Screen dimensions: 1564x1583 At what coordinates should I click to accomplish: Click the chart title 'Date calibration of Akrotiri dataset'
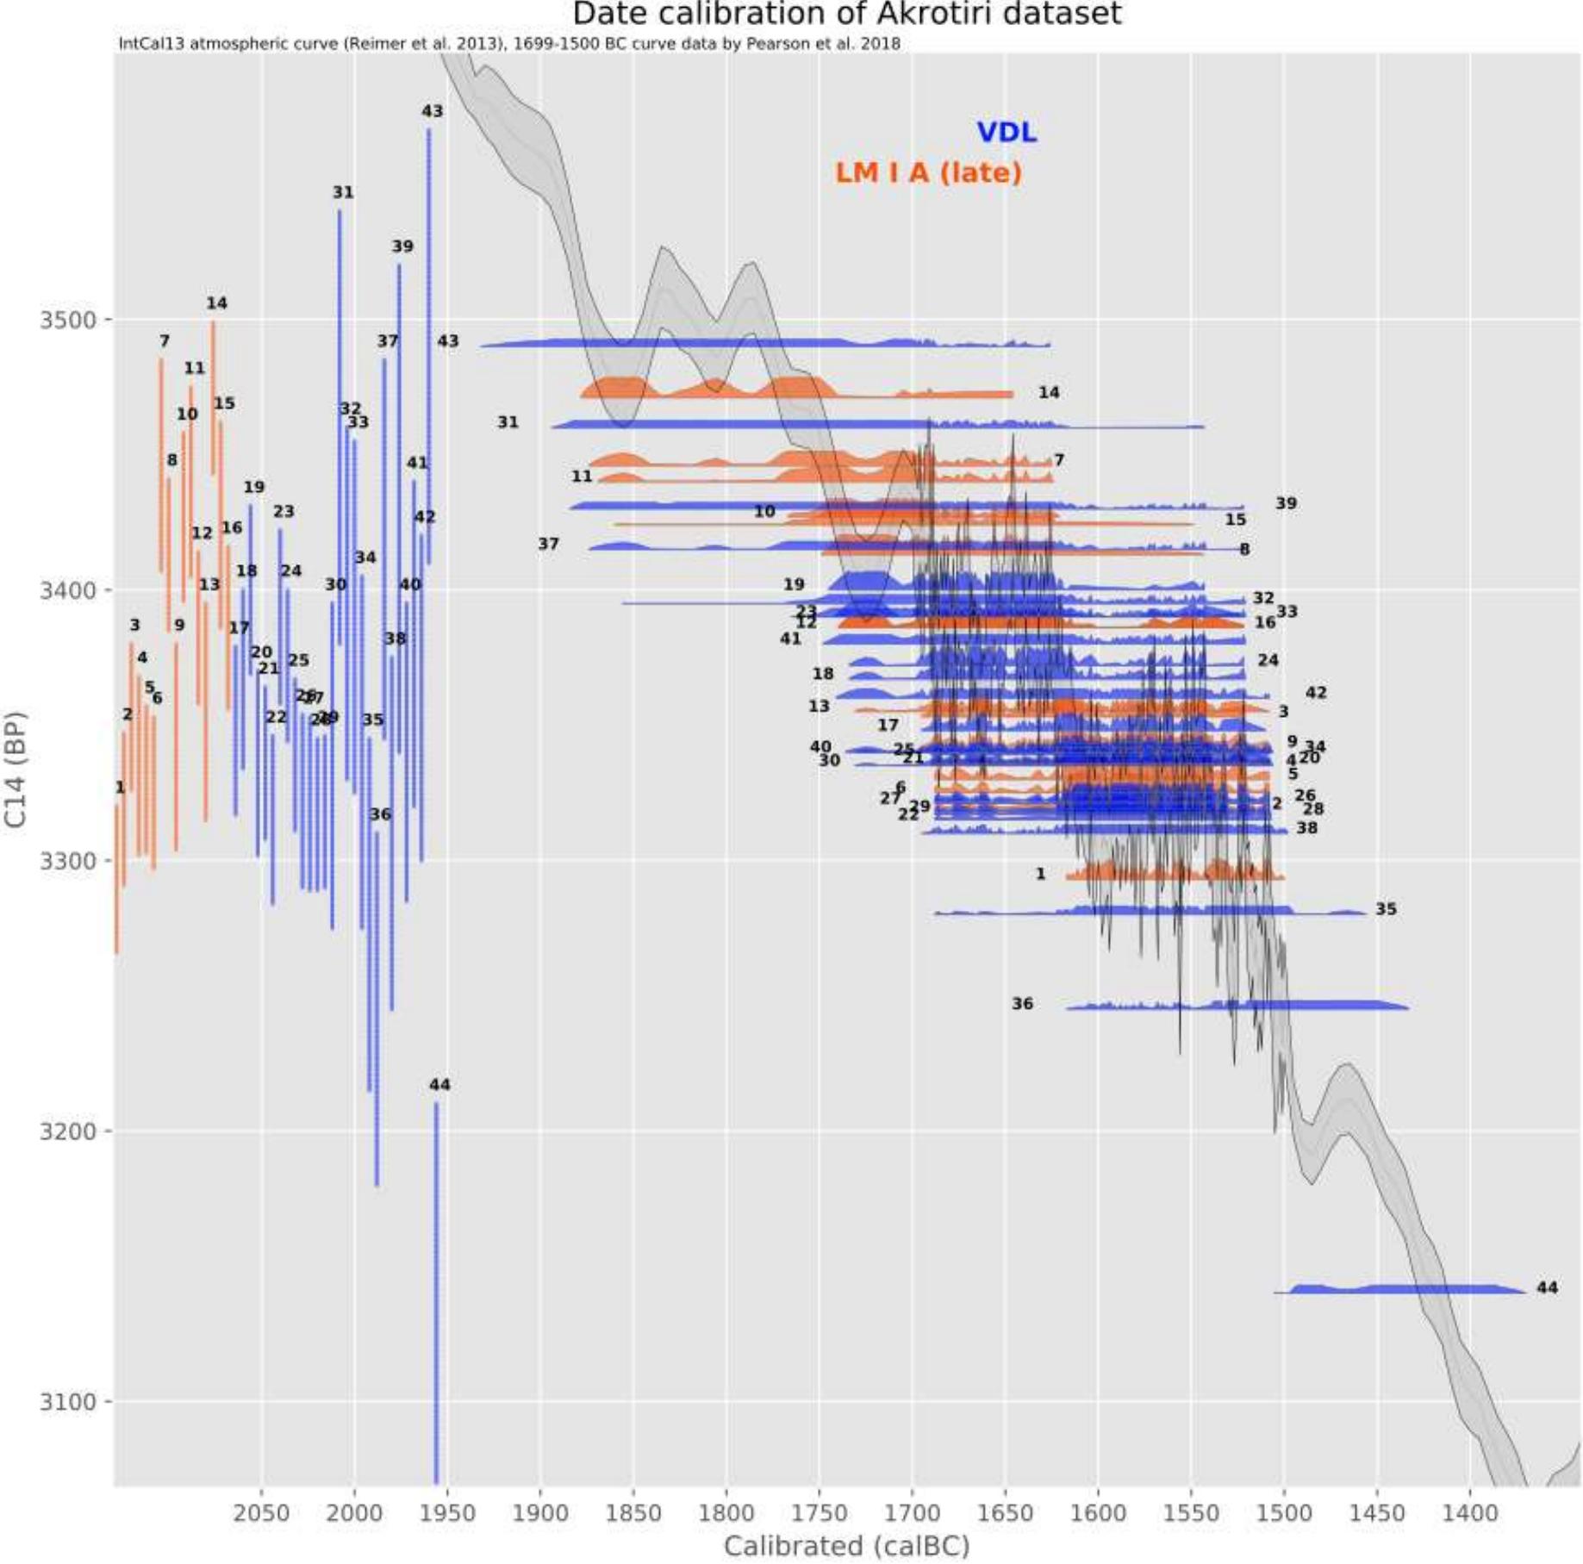coord(846,15)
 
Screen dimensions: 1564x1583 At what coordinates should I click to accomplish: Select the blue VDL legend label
coord(1006,132)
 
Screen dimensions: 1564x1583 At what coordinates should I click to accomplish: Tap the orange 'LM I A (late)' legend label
coord(928,172)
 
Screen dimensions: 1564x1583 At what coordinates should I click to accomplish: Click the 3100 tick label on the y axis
coord(67,1402)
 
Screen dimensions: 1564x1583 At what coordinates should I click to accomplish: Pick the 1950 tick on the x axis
coord(447,1513)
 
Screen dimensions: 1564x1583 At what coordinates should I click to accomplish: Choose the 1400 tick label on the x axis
coord(1470,1513)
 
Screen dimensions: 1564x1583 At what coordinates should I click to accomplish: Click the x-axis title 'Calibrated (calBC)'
coord(846,1547)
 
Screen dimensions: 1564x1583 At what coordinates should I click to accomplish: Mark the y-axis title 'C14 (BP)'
coord(16,770)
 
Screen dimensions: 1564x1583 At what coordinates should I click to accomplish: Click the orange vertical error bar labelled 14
coord(214,396)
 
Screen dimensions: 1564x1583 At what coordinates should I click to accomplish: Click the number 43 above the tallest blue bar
coord(432,111)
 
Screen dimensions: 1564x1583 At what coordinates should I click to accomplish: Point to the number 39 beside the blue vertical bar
coord(402,246)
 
